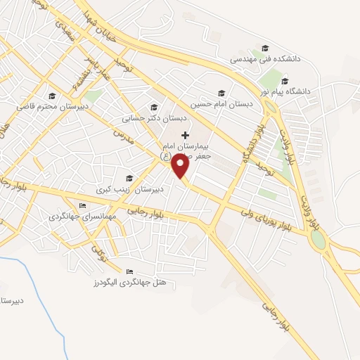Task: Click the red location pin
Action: coord(181,166)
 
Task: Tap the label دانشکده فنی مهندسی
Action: coord(266,60)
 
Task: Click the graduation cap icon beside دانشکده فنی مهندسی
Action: coord(265,48)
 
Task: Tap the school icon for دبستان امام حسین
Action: coord(221,92)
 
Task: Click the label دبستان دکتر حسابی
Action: coord(148,120)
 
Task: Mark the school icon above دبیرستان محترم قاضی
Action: coord(51,96)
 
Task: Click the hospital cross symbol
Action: coord(185,135)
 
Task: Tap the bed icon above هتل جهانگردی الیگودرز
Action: coord(129,271)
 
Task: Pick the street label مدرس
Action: coord(124,133)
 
